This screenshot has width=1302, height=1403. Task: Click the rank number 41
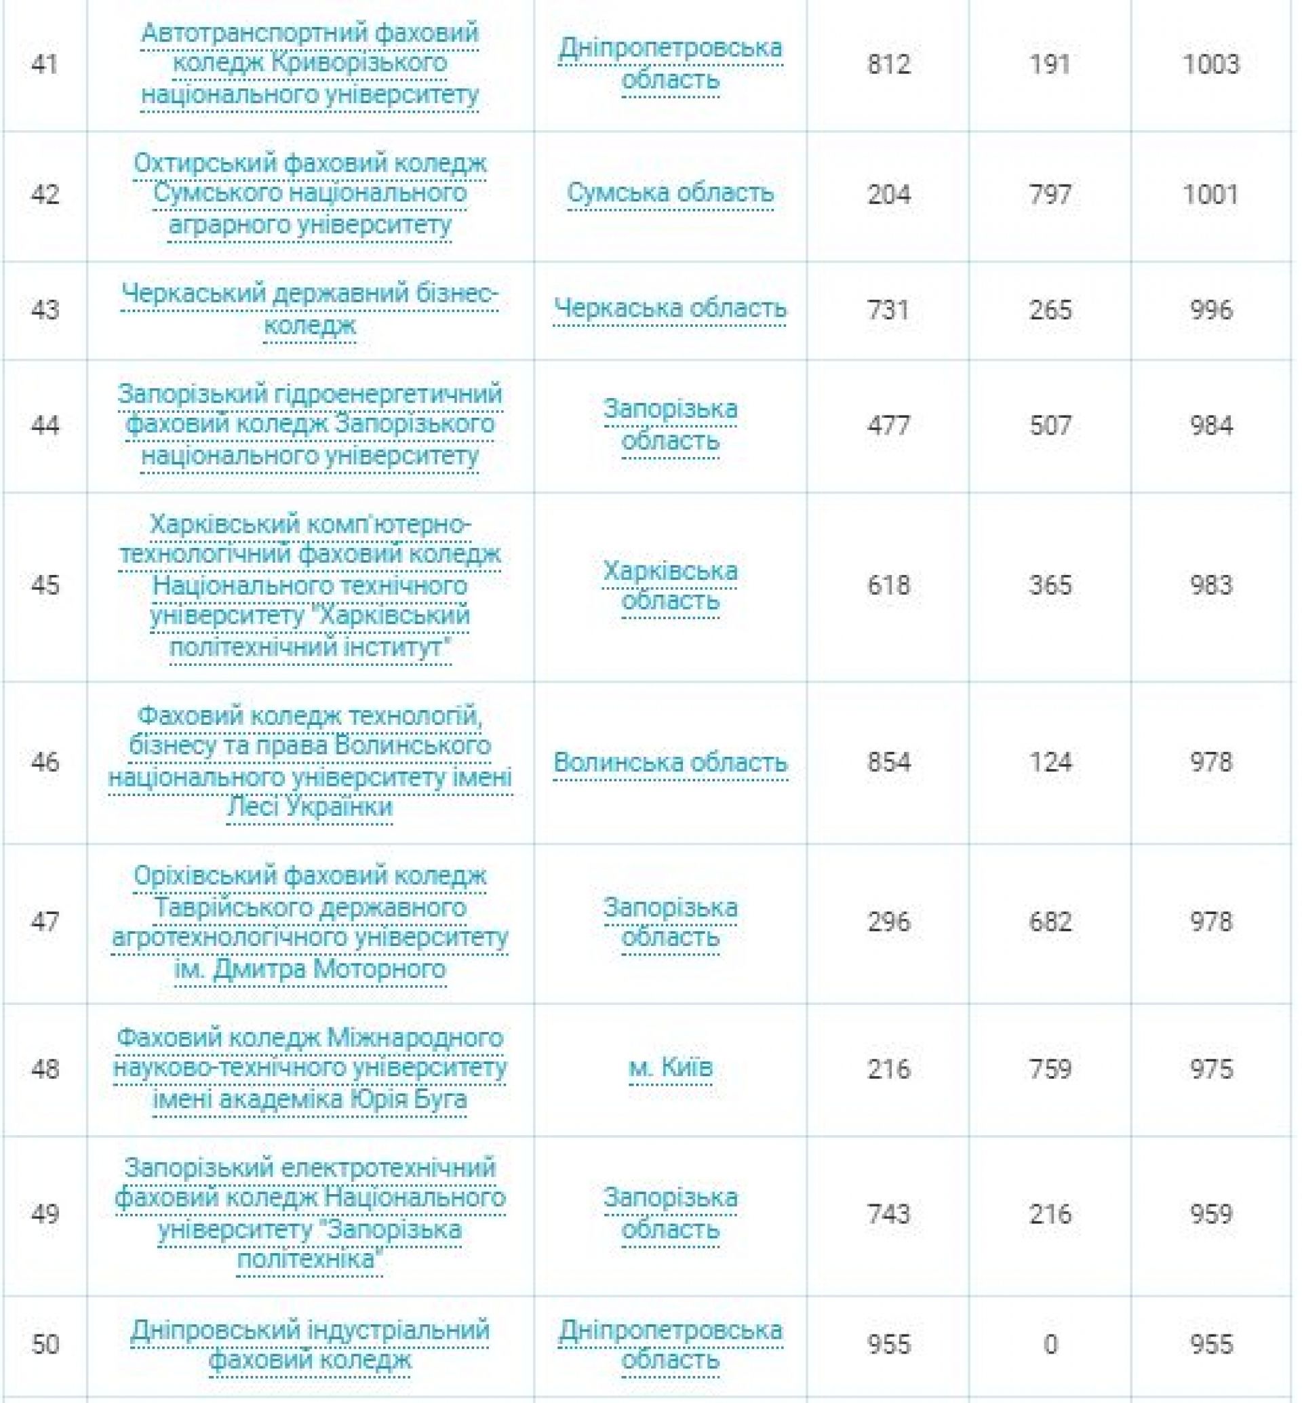[44, 64]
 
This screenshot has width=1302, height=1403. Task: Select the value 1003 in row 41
[1210, 64]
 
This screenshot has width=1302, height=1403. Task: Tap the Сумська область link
[670, 193]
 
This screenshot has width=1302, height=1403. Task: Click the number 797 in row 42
[1050, 195]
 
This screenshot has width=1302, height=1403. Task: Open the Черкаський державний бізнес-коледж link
[309, 309]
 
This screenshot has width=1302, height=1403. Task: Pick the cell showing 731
[888, 310]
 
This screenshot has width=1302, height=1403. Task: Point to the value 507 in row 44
[1050, 426]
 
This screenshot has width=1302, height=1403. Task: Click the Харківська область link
[670, 585]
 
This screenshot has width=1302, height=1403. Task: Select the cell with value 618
[888, 586]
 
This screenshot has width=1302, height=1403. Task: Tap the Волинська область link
[670, 762]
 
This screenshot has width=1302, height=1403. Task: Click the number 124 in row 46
[1050, 762]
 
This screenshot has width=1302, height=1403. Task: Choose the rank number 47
[44, 922]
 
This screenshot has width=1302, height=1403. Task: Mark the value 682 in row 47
[1050, 922]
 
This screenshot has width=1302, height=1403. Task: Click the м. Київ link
[670, 1067]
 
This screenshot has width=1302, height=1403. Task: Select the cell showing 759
[1050, 1069]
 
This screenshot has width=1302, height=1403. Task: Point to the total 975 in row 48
[1210, 1069]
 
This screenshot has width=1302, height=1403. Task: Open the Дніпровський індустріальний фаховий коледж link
[309, 1345]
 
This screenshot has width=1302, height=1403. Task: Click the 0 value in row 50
[1050, 1345]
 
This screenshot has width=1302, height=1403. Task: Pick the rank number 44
[44, 426]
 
